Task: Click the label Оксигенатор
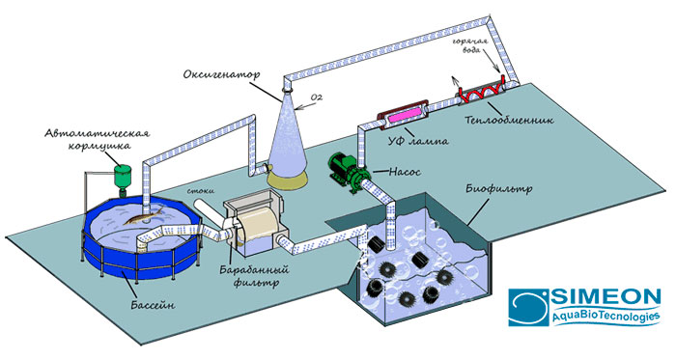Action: coord(221,74)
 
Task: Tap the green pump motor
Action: coord(344,167)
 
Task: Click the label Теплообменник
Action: coord(510,119)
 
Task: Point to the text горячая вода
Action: coord(470,44)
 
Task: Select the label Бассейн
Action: coord(153,305)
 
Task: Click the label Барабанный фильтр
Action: coord(254,276)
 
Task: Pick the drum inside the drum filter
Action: coord(257,224)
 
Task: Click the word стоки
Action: coord(199,190)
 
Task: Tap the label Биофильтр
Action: coord(499,188)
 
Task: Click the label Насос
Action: coord(405,172)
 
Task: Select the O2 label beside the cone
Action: coord(317,97)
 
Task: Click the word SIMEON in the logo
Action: coord(606,297)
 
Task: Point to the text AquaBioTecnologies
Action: coord(606,317)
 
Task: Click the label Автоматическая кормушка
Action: coord(98,139)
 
